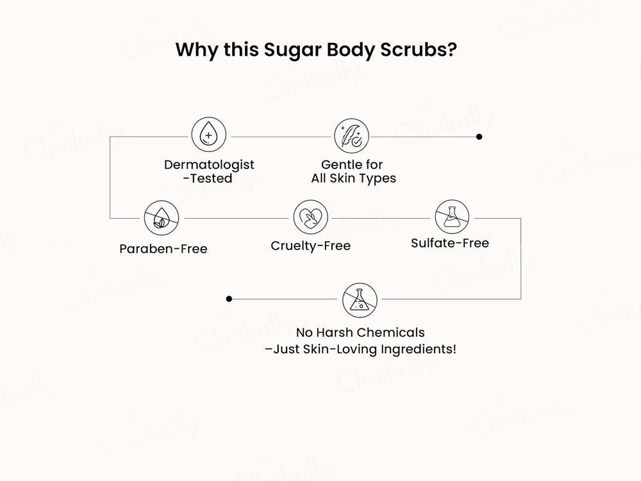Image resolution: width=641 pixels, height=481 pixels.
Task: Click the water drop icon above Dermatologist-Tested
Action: (x=208, y=136)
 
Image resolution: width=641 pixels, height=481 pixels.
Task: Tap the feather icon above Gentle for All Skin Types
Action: (x=351, y=136)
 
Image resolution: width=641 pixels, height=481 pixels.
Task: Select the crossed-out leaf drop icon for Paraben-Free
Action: (x=160, y=217)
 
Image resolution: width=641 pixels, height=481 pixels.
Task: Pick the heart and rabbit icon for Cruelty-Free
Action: (x=310, y=217)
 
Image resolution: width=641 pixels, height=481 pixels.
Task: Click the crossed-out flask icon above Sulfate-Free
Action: (x=452, y=217)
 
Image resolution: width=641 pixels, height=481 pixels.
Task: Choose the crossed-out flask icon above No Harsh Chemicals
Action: (x=360, y=299)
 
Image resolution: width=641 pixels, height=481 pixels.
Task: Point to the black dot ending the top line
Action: (x=479, y=137)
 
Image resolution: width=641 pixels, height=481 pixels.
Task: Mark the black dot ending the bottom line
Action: (x=229, y=299)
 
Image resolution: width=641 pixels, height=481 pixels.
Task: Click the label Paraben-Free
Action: (x=163, y=249)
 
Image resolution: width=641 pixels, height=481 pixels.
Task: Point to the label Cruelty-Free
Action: (x=310, y=246)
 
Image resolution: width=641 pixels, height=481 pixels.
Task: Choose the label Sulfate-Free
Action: (x=449, y=243)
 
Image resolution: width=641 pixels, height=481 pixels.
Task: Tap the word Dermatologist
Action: (x=209, y=165)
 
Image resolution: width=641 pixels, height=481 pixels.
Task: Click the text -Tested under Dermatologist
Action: (x=208, y=179)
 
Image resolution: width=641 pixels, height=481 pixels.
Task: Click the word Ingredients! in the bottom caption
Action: (x=420, y=350)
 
